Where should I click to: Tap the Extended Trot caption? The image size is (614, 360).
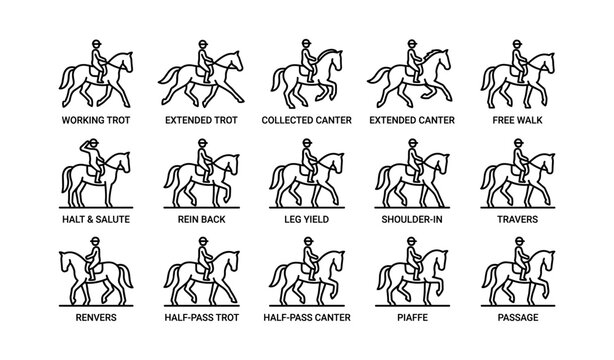point(200,118)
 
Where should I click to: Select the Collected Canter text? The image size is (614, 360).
point(307,118)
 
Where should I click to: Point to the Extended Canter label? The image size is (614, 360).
point(413,118)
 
